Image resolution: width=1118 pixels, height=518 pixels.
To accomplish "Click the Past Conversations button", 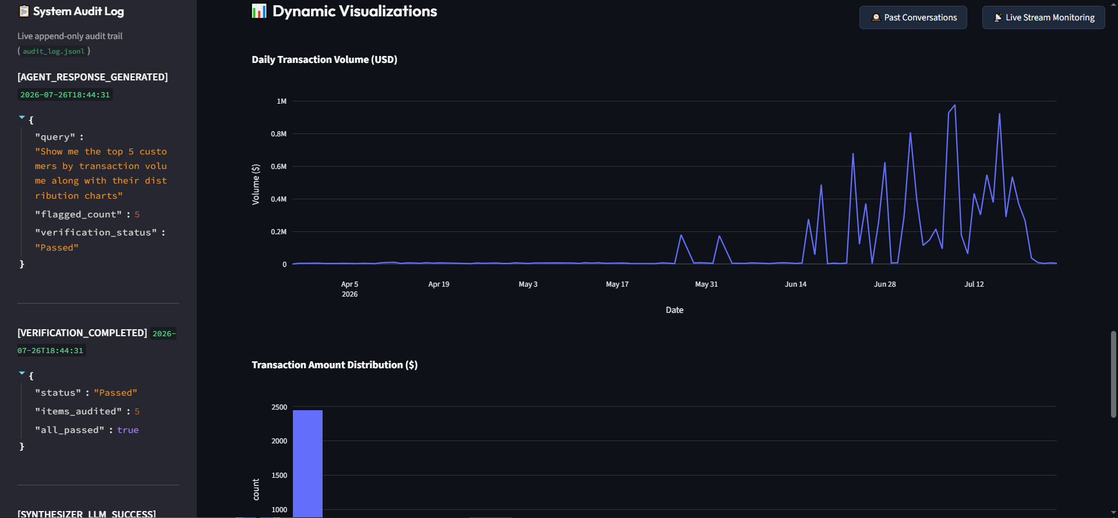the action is (x=913, y=17).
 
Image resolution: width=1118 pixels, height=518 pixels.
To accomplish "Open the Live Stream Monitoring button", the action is (x=1043, y=17).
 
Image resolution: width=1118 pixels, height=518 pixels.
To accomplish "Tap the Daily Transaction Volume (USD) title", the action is (x=324, y=59).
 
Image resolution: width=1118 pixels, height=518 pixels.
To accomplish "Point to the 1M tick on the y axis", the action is (x=282, y=101).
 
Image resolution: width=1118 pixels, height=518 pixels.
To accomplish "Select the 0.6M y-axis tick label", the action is (x=279, y=167).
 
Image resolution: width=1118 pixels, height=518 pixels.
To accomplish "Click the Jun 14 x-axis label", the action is (x=795, y=284).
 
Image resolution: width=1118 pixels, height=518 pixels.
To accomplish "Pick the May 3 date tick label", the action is (x=528, y=284).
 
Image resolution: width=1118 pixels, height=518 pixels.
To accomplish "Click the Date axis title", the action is (x=675, y=310).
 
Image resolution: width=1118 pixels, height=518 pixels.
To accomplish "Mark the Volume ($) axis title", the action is (x=256, y=184).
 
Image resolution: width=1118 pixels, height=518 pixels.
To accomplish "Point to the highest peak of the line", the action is (x=954, y=105).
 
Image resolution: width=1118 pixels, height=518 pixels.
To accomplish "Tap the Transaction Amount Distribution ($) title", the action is (x=335, y=365).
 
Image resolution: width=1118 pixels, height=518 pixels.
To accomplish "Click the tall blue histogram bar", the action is (x=307, y=463).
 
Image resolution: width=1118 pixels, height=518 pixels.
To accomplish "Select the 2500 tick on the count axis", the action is (x=279, y=407).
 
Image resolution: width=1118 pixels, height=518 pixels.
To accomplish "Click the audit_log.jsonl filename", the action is (x=54, y=51).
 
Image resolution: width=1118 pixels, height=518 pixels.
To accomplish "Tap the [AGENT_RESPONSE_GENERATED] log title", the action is (x=93, y=77).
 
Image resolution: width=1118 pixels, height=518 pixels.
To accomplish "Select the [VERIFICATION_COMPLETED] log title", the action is (x=82, y=333).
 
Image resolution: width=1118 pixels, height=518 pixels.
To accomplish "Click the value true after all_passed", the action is (x=128, y=430).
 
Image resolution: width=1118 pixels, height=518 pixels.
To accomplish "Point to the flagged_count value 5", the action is (x=137, y=214).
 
